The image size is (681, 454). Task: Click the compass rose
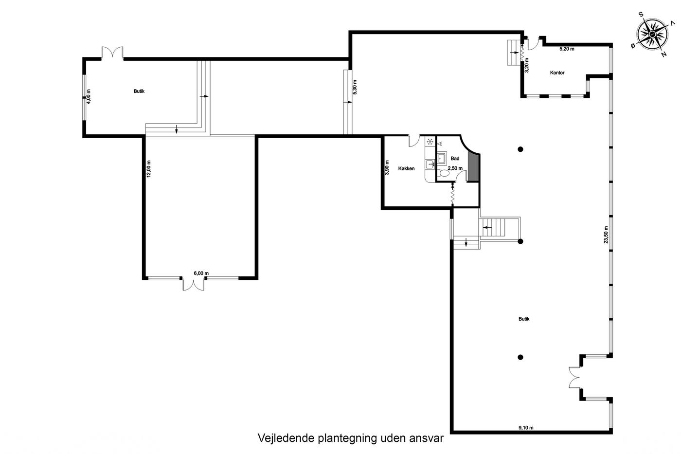652,35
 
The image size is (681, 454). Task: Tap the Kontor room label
557,73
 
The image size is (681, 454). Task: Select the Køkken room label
406,168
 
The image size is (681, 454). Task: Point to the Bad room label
455,159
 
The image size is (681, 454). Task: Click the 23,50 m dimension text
606,235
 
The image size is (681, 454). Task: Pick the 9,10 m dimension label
526,428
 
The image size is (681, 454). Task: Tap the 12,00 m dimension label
149,169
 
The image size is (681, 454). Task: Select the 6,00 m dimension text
201,273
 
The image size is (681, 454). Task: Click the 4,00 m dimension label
89,97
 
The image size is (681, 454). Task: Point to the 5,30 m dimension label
355,87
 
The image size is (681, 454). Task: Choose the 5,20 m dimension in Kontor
567,49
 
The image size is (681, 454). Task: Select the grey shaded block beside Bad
473,167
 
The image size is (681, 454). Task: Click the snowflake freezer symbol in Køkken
430,142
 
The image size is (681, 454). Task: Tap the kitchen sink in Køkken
430,164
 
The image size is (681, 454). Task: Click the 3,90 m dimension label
387,167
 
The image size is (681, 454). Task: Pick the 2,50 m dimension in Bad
455,168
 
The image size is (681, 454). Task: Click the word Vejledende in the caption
286,438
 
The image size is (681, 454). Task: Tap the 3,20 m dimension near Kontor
527,65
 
